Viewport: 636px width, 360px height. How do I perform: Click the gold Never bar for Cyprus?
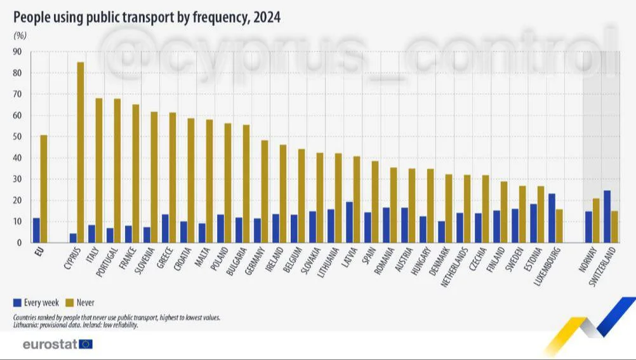tap(81, 152)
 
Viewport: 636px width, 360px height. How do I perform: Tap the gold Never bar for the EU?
tap(44, 189)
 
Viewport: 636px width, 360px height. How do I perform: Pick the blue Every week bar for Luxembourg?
tap(552, 218)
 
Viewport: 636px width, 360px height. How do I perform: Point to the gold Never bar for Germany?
tap(265, 191)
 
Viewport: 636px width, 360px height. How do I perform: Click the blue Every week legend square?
tap(18, 303)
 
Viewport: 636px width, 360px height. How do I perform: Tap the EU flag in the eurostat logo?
tap(86, 345)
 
